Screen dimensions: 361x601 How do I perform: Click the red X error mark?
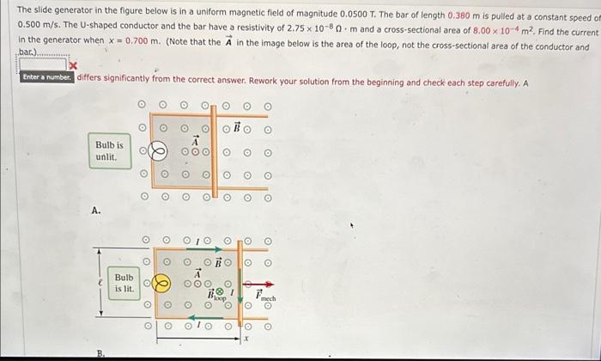point(73,65)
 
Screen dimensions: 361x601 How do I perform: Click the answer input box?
point(42,64)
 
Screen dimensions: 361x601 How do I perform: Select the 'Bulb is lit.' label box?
point(123,283)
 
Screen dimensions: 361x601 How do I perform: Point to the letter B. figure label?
point(99,353)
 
